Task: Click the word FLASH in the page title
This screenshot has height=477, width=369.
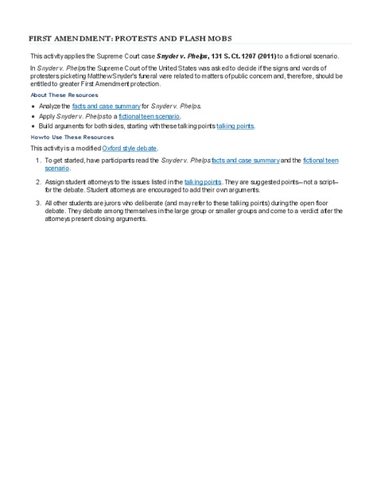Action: tap(163, 38)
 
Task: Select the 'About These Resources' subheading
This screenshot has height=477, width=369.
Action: tap(64, 95)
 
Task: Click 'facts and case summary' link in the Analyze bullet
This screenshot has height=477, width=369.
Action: tap(101, 106)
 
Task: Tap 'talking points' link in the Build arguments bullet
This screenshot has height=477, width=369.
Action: tap(235, 126)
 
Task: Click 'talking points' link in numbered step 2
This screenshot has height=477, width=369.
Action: tap(203, 182)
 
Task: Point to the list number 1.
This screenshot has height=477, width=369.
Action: tap(37, 161)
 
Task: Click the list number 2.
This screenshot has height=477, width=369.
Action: tap(37, 182)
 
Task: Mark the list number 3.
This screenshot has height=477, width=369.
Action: tap(37, 204)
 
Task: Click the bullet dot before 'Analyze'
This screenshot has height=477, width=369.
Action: tap(33, 106)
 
